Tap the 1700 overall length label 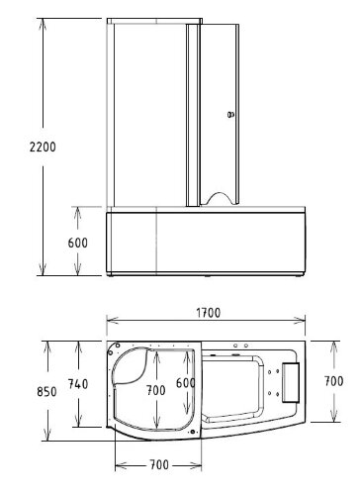(208, 312)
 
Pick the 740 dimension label (77, 383)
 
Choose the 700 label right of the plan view (334, 380)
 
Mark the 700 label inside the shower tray (154, 391)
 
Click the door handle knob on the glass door (230, 114)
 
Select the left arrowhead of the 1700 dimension (110, 321)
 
